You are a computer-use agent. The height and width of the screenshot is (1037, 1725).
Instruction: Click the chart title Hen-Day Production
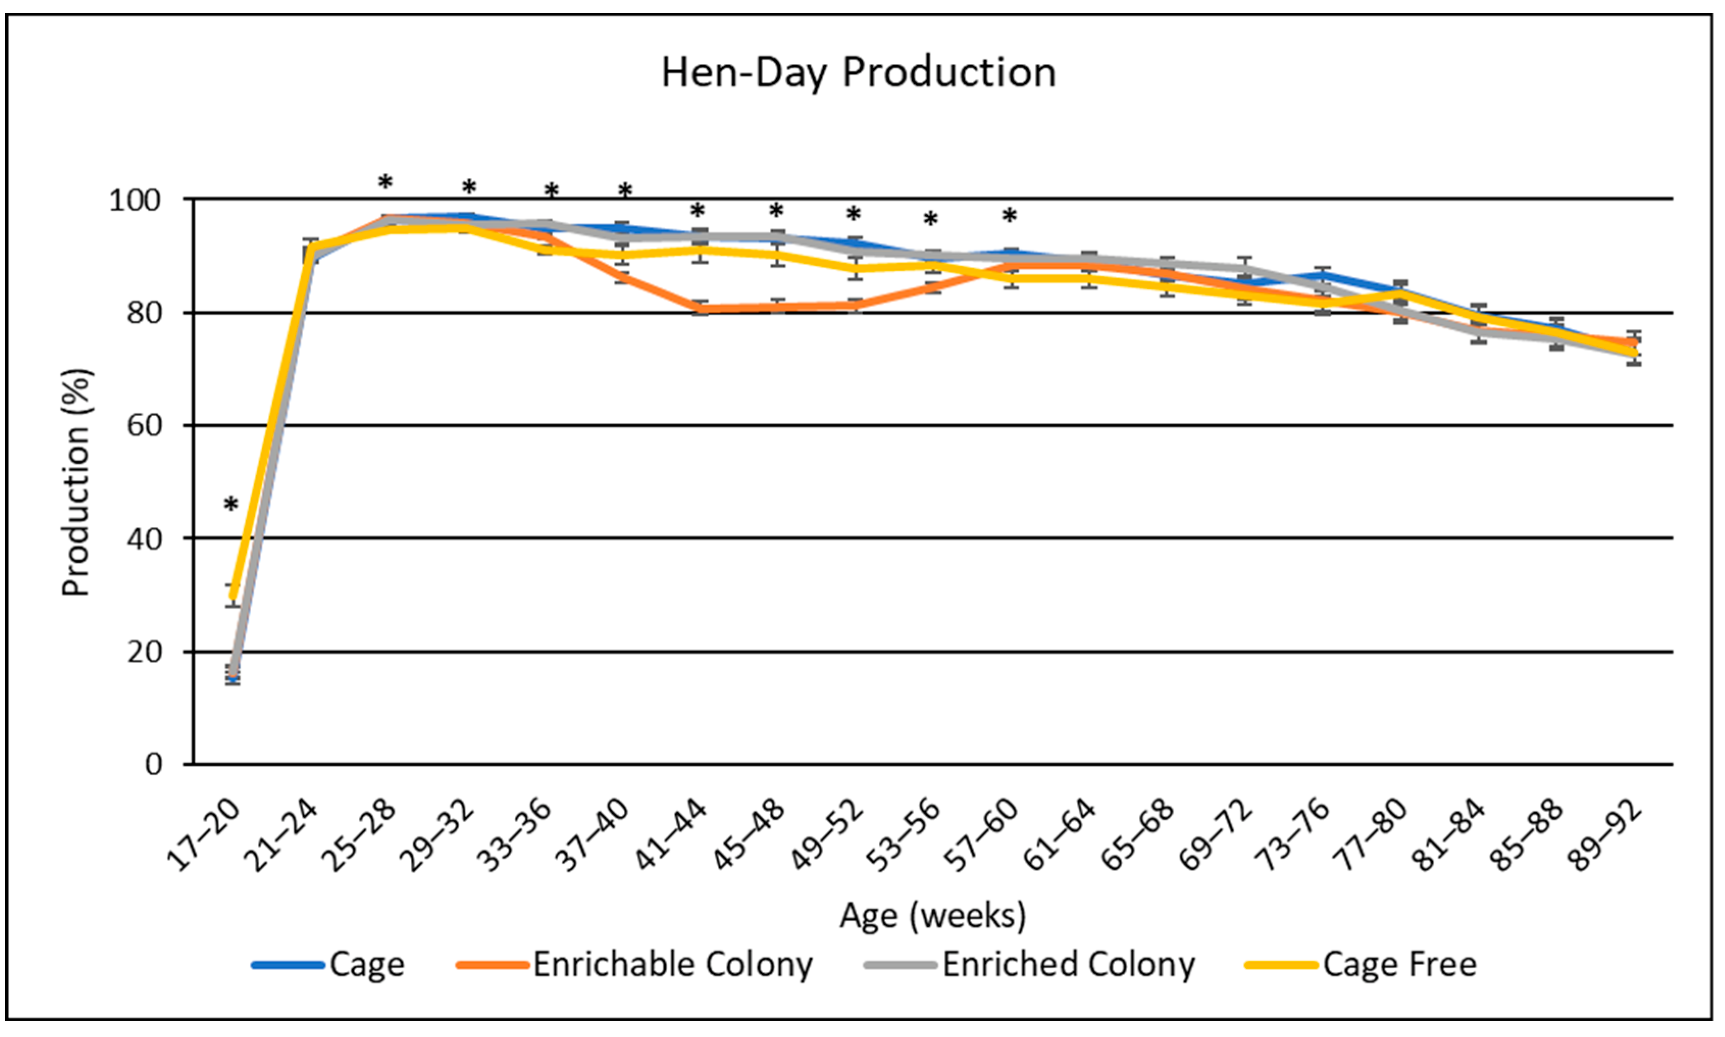tap(858, 72)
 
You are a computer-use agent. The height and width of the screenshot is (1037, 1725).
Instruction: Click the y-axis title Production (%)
tap(76, 482)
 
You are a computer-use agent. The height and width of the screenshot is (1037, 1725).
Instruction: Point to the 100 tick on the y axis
tap(134, 200)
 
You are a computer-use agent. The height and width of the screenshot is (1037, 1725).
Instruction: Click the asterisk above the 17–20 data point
tap(231, 505)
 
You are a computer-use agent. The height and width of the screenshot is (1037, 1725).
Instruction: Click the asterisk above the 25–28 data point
tap(385, 184)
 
